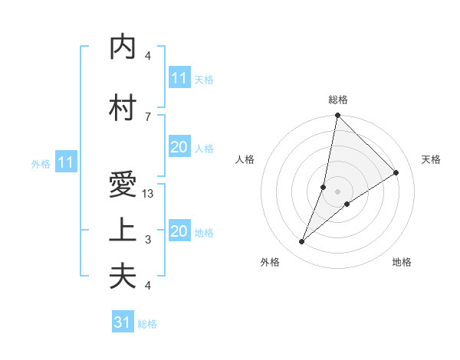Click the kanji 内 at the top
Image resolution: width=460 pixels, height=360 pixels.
(123, 47)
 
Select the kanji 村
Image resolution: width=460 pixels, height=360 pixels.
(123, 107)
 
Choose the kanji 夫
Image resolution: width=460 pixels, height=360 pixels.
(123, 276)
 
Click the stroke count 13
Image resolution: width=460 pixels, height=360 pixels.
(149, 194)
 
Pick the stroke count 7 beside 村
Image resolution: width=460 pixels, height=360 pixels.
(147, 116)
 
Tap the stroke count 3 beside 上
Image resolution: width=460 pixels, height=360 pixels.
(148, 240)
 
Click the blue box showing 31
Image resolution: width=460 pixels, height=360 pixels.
(123, 322)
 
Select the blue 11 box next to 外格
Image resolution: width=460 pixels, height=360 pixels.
(65, 162)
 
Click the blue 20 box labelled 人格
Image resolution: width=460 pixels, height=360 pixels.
(179, 148)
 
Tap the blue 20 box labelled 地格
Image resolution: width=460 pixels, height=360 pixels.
(179, 232)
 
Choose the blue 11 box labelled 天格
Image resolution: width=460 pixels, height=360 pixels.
(179, 78)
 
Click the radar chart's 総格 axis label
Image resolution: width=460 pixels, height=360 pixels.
(338, 100)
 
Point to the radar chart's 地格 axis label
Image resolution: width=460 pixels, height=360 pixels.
(402, 262)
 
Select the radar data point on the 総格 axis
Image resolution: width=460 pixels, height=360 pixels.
(337, 116)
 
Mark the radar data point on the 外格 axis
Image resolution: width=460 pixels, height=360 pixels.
(301, 242)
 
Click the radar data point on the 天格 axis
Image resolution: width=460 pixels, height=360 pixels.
(396, 173)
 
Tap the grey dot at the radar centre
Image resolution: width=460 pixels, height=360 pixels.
(337, 191)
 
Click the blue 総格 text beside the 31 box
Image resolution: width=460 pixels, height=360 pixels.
(147, 324)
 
